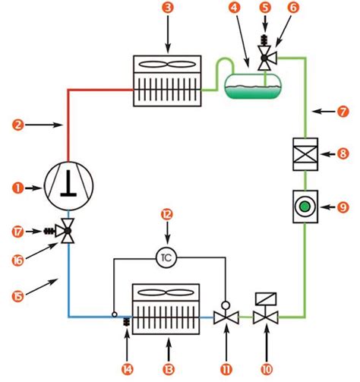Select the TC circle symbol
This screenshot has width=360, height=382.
pos(166,257)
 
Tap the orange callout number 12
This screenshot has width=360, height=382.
pos(166,215)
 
